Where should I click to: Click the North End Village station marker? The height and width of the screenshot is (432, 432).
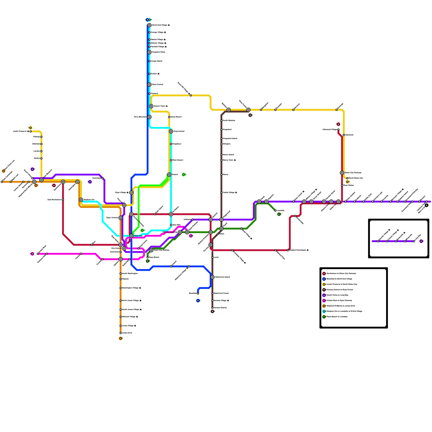tap(149, 25)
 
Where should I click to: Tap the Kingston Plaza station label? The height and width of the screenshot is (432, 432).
tap(158, 52)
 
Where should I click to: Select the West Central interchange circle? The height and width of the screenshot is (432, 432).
tap(149, 85)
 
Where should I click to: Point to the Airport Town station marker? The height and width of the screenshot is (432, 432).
tap(151, 106)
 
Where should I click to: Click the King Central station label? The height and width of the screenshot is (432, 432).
tap(179, 131)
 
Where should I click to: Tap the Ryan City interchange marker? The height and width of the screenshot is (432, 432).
tap(131, 236)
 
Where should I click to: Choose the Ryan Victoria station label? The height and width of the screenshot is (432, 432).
tap(112, 218)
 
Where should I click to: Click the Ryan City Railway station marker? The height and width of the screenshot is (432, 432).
tap(151, 250)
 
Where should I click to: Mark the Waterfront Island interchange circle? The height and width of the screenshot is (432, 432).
tap(212, 277)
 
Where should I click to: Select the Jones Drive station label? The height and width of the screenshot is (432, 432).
tap(127, 333)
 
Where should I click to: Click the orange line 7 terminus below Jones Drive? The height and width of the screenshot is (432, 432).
tap(120, 338)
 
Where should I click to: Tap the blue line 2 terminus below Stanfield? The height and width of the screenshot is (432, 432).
tap(198, 301)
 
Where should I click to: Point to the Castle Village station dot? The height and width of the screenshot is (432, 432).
tap(221, 193)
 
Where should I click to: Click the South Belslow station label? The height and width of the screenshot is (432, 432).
tap(229, 121)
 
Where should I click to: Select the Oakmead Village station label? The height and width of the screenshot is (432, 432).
tap(330, 130)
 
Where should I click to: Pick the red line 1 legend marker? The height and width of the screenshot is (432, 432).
tap(324, 274)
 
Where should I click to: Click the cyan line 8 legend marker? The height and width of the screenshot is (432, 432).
tap(324, 311)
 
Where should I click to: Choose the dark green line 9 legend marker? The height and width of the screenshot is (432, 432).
tap(324, 317)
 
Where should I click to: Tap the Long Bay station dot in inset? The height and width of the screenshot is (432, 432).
tap(414, 241)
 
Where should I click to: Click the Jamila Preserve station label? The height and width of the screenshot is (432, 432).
tap(21, 131)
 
